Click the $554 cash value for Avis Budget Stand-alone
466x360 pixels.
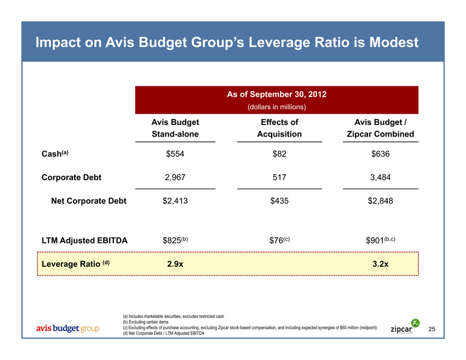[x=175, y=155]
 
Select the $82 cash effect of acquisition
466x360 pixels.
[x=279, y=155]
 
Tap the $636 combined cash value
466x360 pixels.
[x=380, y=155]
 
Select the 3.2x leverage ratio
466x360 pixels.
[x=380, y=264]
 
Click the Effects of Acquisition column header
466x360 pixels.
[x=279, y=128]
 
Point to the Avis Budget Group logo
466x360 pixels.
[x=67, y=329]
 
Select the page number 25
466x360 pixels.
[x=432, y=329]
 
